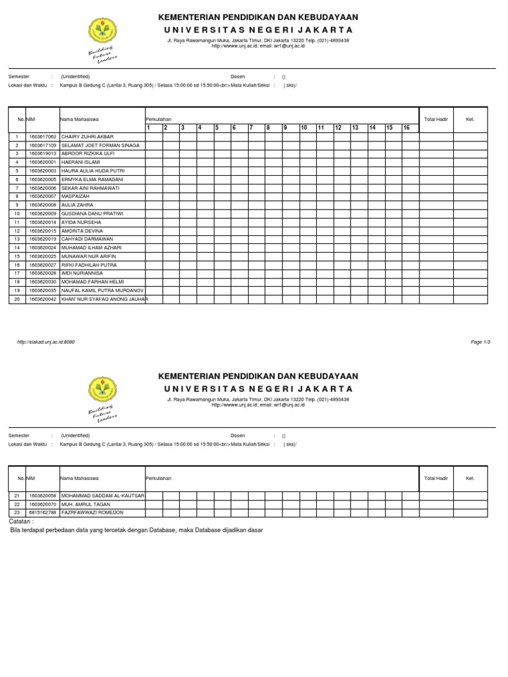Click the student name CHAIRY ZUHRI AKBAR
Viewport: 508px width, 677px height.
pos(87,136)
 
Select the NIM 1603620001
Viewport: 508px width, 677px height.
pos(42,162)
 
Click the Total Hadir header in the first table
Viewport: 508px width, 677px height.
pos(436,119)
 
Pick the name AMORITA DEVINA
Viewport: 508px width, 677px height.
pos(82,231)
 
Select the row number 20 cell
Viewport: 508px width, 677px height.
pos(16,299)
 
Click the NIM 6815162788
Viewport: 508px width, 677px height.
pos(42,512)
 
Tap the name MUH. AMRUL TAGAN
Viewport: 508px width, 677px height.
pos(85,504)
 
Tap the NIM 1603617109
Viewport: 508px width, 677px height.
pos(42,145)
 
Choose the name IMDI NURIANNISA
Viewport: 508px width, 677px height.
pos(82,274)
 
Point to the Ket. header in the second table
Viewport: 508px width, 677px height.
pos(470,478)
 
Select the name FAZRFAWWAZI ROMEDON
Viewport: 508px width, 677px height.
pos(92,512)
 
